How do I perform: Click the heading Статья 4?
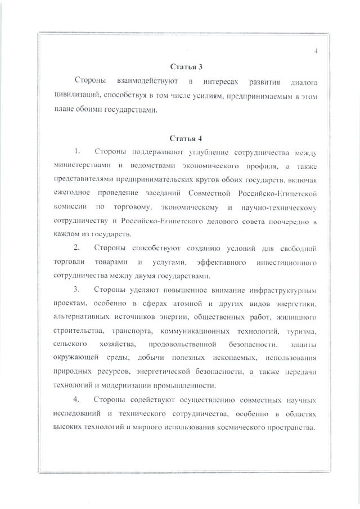tap(182, 138)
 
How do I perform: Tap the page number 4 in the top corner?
tap(316, 52)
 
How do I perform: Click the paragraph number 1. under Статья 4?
tap(78, 152)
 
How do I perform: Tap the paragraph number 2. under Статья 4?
tap(78, 248)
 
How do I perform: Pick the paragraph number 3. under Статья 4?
tap(78, 290)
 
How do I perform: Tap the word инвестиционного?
tap(286, 262)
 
